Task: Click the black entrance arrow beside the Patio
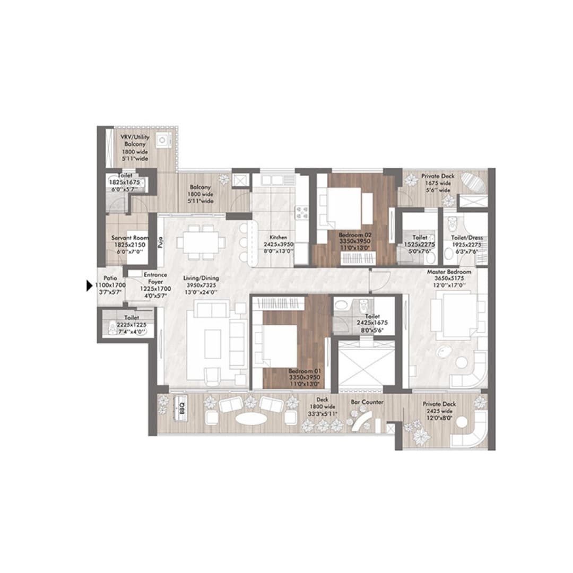point(90,286)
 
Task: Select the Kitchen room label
point(278,238)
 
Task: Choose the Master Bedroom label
point(449,272)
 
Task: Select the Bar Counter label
point(367,403)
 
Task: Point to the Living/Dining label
point(201,277)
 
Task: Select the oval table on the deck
point(251,419)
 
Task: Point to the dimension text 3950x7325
point(201,285)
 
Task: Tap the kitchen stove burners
point(302,212)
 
